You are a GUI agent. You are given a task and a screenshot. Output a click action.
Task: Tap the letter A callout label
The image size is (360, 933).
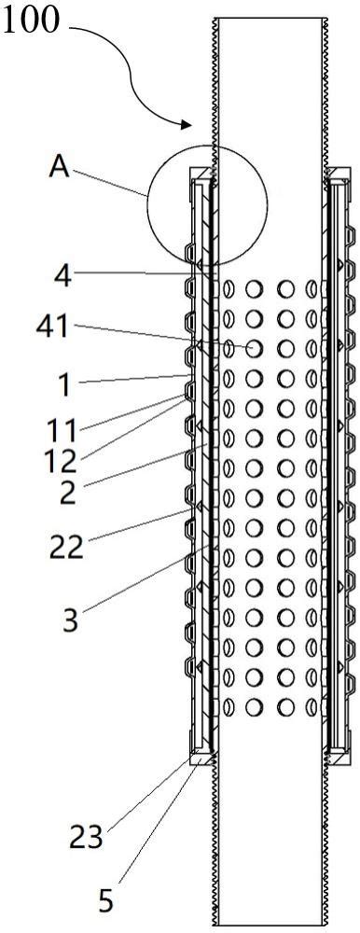[59, 167]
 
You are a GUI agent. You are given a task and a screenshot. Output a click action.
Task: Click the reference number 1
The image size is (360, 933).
[63, 386]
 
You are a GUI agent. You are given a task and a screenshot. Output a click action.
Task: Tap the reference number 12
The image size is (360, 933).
[62, 461]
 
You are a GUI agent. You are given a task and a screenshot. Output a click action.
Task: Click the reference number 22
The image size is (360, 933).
[65, 548]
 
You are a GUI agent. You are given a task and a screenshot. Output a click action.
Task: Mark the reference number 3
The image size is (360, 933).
[70, 620]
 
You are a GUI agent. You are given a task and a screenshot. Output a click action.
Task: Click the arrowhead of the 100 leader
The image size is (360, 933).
[187, 124]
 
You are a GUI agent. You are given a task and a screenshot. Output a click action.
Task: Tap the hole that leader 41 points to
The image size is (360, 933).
[254, 348]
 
